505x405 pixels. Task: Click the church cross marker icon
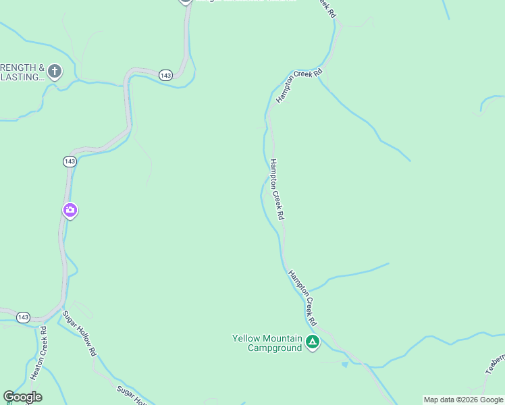(55, 70)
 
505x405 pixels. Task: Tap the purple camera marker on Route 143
(70, 211)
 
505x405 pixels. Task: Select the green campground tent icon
(312, 342)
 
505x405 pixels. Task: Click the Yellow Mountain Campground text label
(266, 343)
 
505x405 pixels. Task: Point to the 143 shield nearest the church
(166, 75)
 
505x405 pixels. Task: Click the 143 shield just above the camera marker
(70, 161)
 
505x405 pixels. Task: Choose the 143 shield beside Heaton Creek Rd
(24, 317)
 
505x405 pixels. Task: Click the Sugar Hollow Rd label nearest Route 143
(80, 333)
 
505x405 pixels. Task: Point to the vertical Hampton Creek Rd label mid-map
(277, 189)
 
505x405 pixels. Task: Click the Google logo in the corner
(22, 397)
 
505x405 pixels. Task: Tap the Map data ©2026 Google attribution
(463, 400)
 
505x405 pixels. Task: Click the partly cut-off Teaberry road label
(495, 364)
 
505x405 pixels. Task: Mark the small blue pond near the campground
(345, 364)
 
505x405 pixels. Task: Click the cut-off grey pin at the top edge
(186, 2)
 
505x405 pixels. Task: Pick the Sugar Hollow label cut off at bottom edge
(132, 397)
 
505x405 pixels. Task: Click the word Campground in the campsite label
(274, 348)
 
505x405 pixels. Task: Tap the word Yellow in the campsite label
(245, 338)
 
